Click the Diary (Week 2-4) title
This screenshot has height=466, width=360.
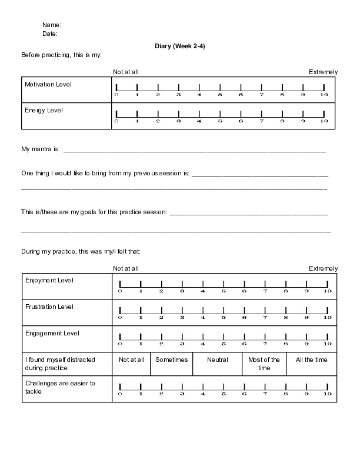coord(179,46)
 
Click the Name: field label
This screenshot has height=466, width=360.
coord(52,25)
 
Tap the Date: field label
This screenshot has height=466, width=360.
coord(50,34)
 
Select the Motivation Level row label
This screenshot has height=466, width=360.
coord(48,85)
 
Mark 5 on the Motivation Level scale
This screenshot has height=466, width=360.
coord(220,88)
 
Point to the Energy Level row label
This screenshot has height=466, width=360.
coord(44,110)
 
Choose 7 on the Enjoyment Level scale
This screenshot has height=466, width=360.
coord(265,284)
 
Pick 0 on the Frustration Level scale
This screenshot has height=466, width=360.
coord(120,311)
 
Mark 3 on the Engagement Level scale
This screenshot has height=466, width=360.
coord(182,337)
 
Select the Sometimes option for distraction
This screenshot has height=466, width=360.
coord(171,360)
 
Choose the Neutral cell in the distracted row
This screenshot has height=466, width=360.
coord(218,360)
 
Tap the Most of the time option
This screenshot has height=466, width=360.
coord(264,364)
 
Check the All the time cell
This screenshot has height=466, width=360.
coord(312,360)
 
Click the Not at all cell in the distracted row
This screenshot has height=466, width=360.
coord(131,360)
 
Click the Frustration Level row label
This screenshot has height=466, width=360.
coord(49,307)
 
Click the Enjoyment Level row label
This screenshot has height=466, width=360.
coord(49,280)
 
